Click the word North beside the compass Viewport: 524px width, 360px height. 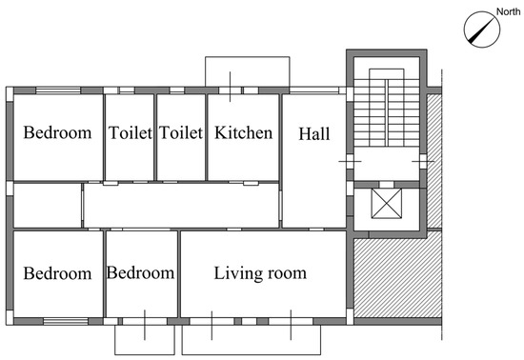(508, 11)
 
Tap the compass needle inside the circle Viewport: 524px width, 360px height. (481, 30)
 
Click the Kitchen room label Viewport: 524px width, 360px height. (243, 132)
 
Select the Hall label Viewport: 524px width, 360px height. (314, 133)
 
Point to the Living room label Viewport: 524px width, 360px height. (260, 273)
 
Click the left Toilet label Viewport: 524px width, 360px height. (131, 132)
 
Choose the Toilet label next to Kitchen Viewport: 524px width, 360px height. (181, 132)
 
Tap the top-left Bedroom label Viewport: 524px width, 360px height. (57, 132)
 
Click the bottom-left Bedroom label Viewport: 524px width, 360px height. (57, 273)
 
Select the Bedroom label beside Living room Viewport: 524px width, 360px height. (140, 272)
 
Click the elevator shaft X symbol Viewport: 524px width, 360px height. (387, 204)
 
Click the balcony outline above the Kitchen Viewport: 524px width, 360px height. (248, 57)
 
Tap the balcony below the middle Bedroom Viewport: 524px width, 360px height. (145, 354)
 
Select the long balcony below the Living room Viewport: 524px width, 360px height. (252, 354)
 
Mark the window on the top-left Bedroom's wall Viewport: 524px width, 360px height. (58, 90)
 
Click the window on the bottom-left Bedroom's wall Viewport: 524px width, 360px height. (66, 321)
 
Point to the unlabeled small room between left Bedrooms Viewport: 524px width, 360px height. (48, 206)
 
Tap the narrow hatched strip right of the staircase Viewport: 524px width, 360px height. (434, 161)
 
